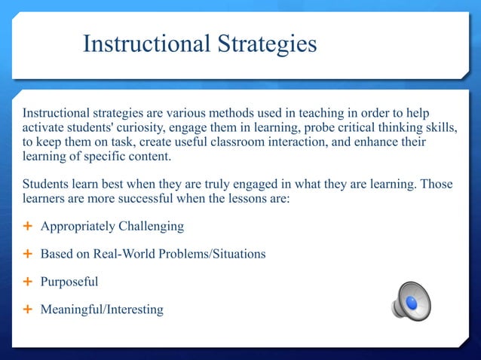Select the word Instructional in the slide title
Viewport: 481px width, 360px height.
(x=133, y=44)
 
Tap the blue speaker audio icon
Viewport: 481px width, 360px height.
(x=411, y=302)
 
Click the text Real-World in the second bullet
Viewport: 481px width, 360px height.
(x=125, y=254)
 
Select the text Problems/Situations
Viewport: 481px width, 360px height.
(x=212, y=254)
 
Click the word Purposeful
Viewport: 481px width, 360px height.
(x=69, y=282)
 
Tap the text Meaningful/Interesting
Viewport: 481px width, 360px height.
(x=102, y=309)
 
